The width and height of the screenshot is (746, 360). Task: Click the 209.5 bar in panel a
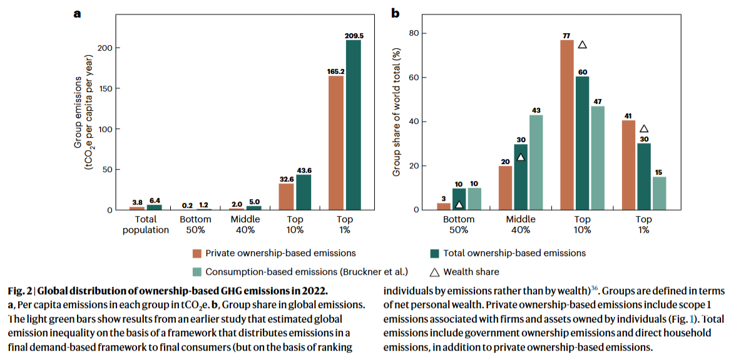353,125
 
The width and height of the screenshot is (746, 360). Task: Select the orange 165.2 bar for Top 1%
335,143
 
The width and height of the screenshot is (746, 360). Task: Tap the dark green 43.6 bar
303,192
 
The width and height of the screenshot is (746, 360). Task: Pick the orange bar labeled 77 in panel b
566,125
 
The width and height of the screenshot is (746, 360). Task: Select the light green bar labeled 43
536,162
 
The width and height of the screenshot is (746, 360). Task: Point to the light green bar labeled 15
659,193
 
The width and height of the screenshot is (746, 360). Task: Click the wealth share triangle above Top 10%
582,44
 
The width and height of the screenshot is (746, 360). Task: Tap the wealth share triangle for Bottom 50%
459,205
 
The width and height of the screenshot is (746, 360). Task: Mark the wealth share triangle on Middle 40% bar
521,157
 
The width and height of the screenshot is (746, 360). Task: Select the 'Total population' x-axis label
145,224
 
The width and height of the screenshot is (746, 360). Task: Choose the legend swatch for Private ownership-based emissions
197,252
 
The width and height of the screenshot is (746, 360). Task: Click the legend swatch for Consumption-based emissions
197,272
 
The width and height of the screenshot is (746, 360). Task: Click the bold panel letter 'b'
396,13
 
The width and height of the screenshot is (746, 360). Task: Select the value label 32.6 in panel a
287,180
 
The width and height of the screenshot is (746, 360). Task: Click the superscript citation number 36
594,288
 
